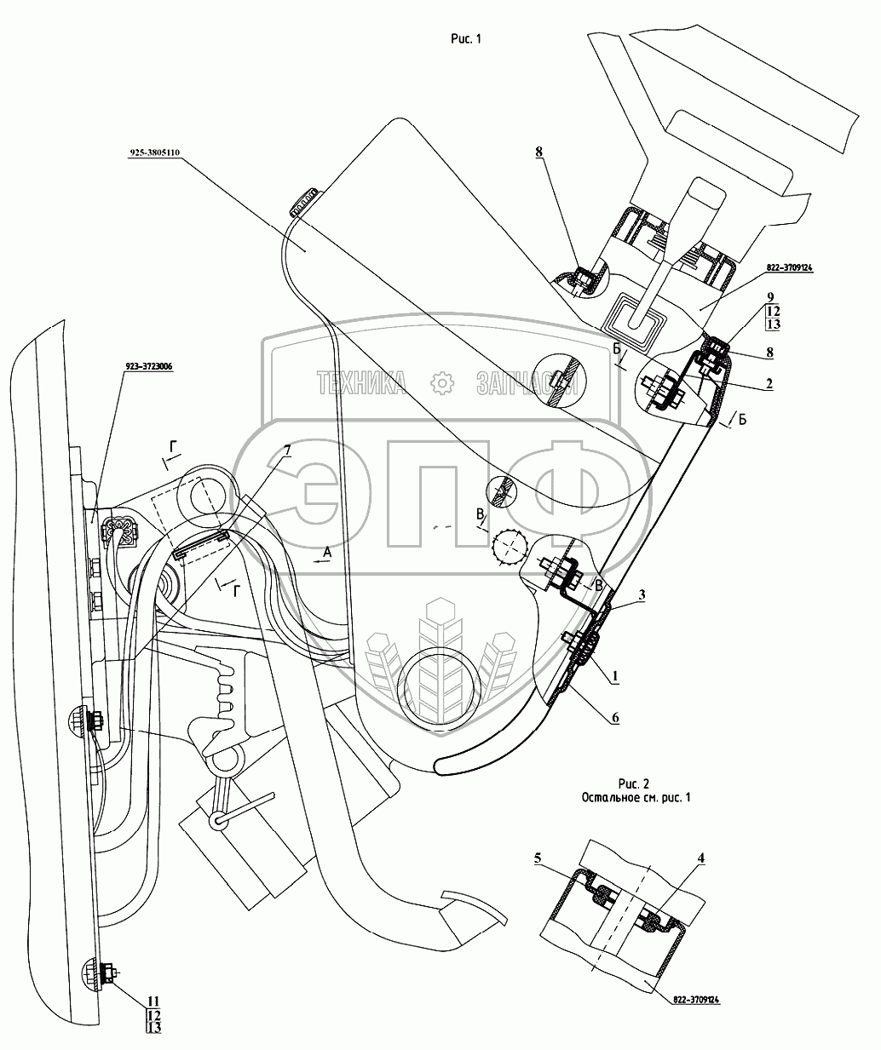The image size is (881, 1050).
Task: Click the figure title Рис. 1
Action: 465,38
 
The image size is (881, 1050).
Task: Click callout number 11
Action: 153,1000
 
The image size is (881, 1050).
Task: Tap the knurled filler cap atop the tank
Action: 302,200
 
